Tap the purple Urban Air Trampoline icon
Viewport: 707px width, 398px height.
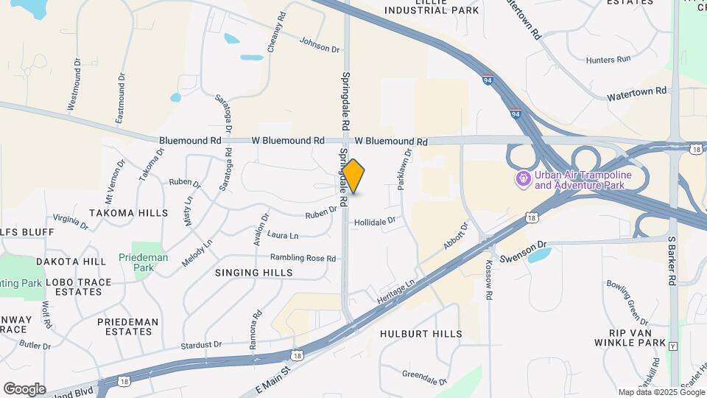pos(524,178)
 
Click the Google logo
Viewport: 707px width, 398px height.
pos(24,389)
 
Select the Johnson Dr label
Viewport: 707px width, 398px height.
pos(320,47)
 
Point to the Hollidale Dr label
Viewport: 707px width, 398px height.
pos(375,220)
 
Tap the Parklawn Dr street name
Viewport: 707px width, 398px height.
pos(404,169)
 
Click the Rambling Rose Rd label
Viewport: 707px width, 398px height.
pos(303,258)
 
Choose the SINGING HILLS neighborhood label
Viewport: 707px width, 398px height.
pos(254,273)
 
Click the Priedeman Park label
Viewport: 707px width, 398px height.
pos(143,262)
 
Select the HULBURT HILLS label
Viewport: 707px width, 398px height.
pos(421,334)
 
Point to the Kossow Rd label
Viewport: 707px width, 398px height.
pos(488,279)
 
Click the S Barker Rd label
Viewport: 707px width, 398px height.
pos(672,261)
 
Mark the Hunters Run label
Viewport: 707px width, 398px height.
pos(608,59)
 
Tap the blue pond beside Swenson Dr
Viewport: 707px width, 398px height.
pos(539,256)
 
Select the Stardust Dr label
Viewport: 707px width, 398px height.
pos(202,344)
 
